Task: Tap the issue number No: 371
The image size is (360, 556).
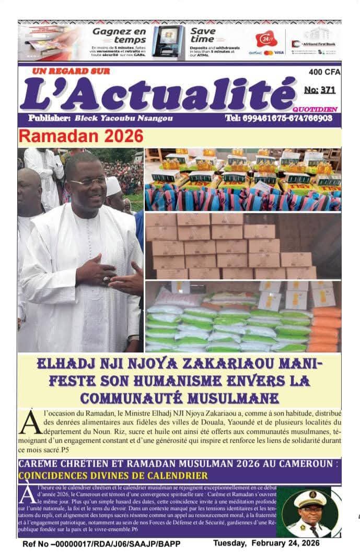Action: tap(319, 90)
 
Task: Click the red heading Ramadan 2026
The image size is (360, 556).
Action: tap(80, 136)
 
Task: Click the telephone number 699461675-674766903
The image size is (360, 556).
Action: tap(279, 119)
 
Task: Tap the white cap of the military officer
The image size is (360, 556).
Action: tap(309, 499)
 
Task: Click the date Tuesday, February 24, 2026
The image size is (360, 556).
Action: tap(266, 543)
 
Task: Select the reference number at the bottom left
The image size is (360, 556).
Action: tap(101, 543)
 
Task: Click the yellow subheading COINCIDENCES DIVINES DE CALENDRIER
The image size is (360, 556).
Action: tap(113, 476)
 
